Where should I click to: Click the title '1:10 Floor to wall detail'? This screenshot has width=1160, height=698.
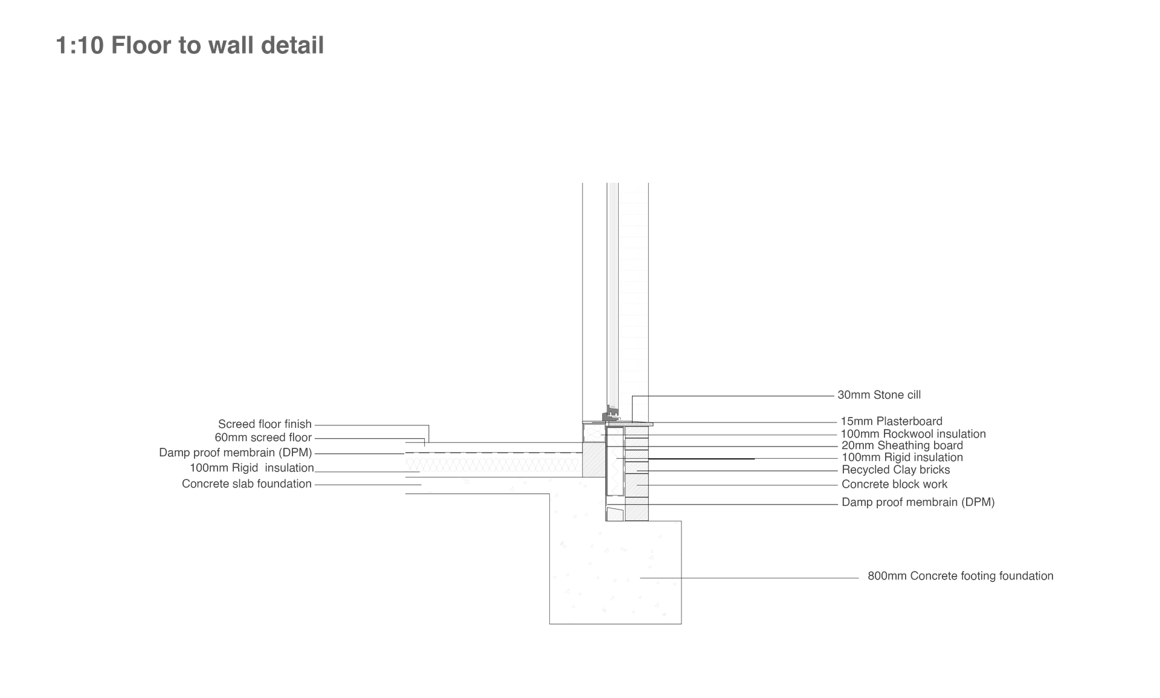(190, 45)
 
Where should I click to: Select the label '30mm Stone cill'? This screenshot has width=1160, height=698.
(879, 395)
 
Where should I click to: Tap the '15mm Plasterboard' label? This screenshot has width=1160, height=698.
(891, 421)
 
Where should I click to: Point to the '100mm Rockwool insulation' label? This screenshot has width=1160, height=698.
(913, 434)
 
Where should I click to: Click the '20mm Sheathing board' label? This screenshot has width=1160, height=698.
(902, 445)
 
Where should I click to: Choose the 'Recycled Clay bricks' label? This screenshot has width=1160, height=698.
(895, 470)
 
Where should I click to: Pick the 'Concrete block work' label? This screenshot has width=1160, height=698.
(894, 484)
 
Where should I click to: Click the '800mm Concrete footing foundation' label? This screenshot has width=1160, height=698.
(961, 576)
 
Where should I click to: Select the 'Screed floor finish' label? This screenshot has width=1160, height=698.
(265, 424)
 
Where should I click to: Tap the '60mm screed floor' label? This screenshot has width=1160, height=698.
(263, 438)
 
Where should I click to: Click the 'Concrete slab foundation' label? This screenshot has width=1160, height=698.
(246, 484)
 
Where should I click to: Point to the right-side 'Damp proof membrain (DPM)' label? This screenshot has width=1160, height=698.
(918, 502)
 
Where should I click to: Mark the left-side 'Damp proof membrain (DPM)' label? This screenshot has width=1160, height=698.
(235, 453)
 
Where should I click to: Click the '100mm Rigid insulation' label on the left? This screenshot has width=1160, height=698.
(251, 468)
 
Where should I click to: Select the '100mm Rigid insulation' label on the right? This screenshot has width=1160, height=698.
(902, 457)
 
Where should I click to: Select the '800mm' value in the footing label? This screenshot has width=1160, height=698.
(887, 576)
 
